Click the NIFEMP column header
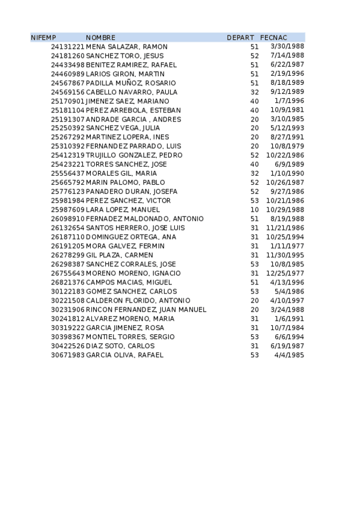[x=43, y=38]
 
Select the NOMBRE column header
[x=100, y=38]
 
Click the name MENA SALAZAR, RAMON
[x=127, y=47]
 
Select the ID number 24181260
[x=67, y=56]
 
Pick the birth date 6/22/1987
[x=288, y=65]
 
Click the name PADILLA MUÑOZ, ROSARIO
[x=131, y=83]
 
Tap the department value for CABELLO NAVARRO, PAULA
[x=254, y=92]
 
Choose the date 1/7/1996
[x=292, y=101]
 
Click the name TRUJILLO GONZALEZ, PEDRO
[x=134, y=155]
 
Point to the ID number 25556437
[x=67, y=173]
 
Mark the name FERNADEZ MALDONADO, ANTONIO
[x=145, y=219]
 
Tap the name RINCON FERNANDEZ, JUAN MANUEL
[x=146, y=309]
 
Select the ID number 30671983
[x=67, y=355]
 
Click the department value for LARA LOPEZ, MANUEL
[x=254, y=209]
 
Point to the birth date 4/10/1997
[x=288, y=300]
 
